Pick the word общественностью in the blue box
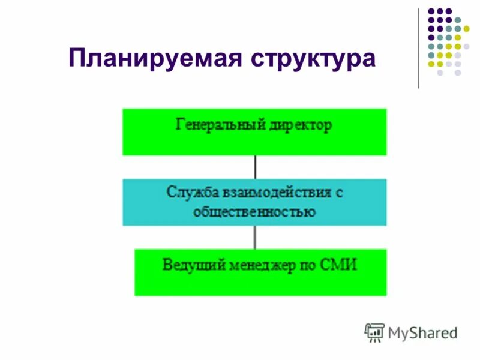[254, 212]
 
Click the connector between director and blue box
[255, 166]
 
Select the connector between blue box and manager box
[255, 237]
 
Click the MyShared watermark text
[422, 332]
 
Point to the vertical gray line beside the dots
[418, 48]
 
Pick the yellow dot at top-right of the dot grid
[466, 28]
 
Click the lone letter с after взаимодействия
[339, 194]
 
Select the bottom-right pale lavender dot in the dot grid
[457, 72]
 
